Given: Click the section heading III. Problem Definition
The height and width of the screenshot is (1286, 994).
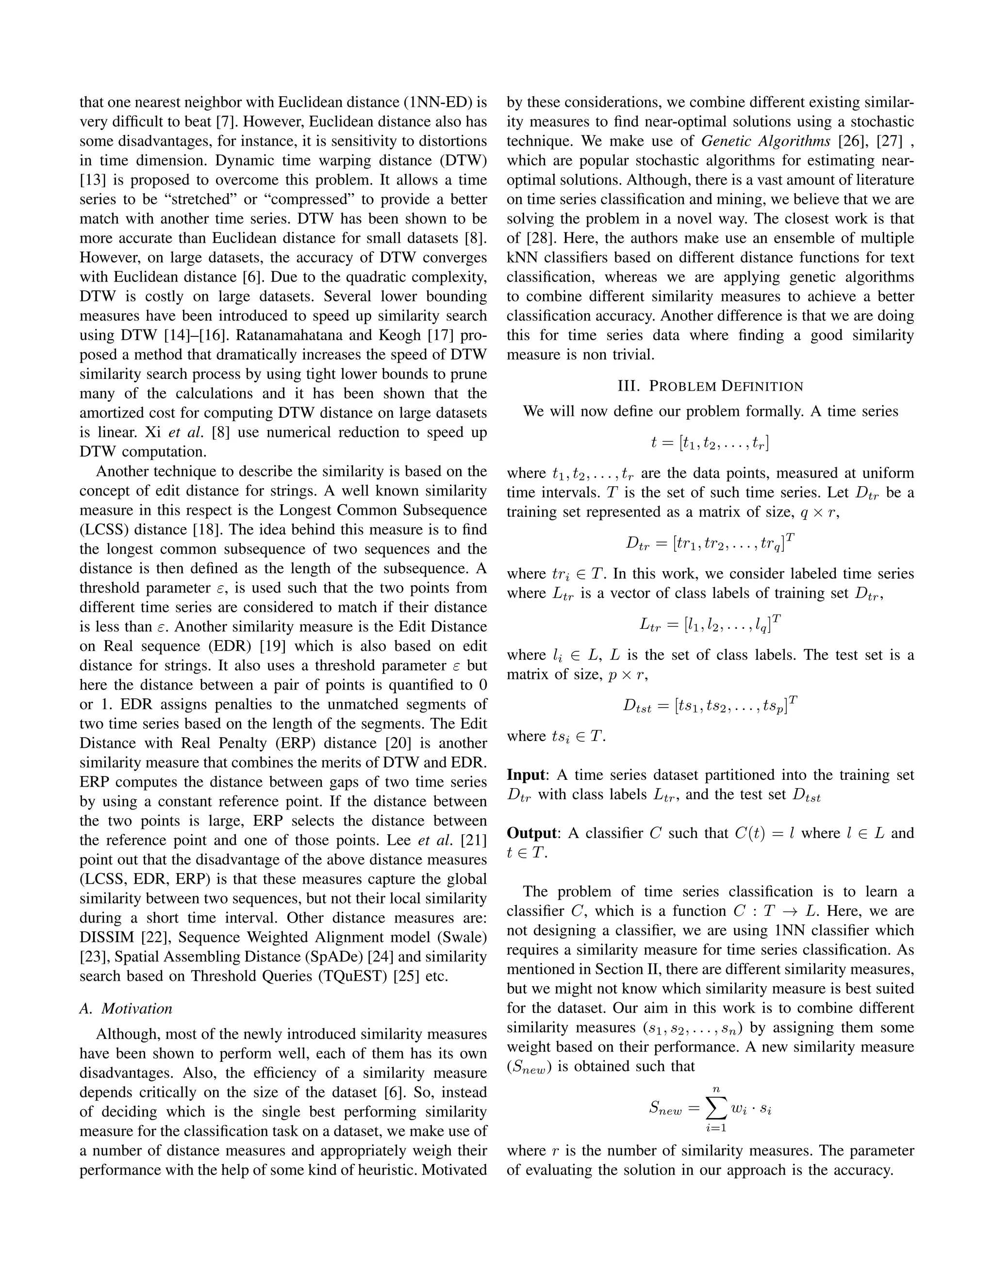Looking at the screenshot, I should (x=710, y=386).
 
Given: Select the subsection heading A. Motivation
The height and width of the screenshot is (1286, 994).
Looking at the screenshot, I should (x=126, y=1009).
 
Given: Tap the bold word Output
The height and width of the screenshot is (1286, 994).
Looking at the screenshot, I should (x=531, y=833).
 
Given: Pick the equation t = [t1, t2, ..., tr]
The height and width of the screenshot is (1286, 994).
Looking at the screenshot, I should (x=710, y=443).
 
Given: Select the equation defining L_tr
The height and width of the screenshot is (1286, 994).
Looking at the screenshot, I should (x=710, y=623).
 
